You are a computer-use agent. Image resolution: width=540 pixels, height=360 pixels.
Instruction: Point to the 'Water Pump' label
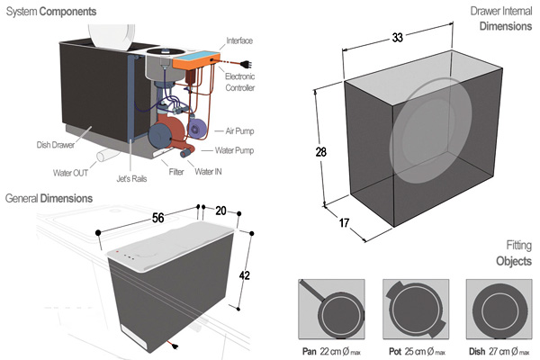(237, 150)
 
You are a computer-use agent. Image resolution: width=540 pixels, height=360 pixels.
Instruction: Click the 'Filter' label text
(177, 171)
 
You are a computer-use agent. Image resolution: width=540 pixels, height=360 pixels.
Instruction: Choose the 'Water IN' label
(210, 171)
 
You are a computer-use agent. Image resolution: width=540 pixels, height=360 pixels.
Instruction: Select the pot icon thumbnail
(414, 306)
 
